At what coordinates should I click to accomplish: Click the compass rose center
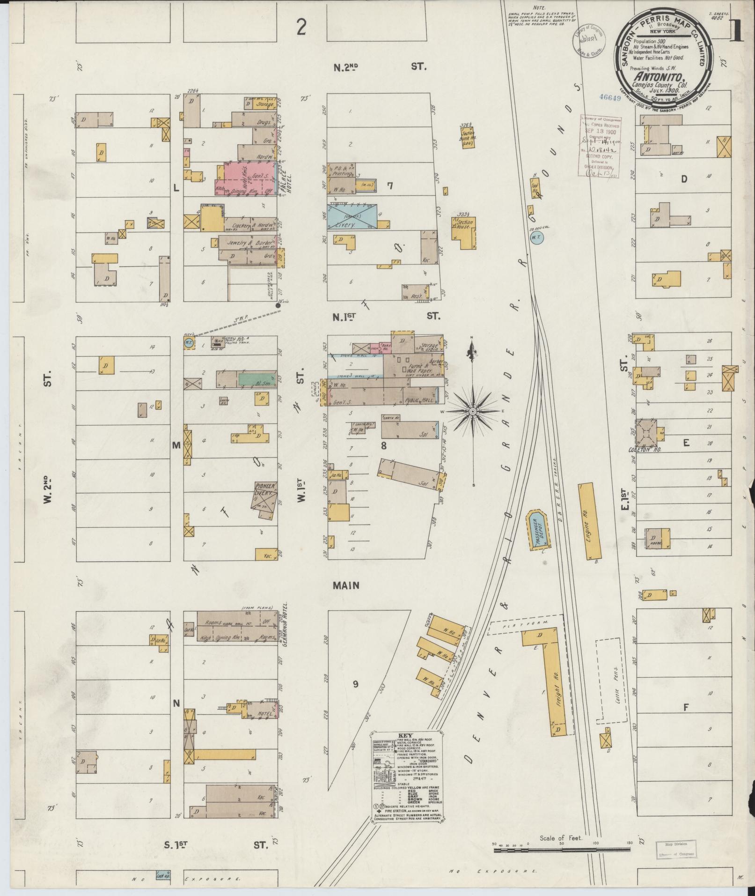473,411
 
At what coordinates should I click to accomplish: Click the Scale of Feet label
561,837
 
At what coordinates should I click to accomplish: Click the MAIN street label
346,585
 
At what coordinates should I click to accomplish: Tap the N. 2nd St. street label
379,67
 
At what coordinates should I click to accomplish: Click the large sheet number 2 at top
301,28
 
